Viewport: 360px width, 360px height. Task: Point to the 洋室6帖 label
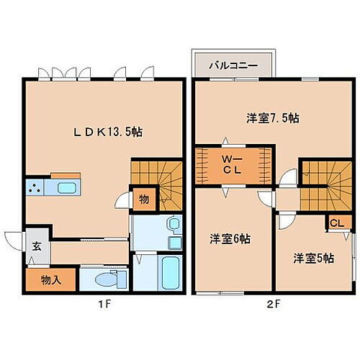point(225,238)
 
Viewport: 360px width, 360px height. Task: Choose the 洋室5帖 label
point(312,257)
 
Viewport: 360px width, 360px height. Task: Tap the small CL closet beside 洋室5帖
point(336,223)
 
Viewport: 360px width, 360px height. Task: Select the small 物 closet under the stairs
point(143,199)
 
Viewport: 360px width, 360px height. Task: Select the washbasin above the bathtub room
point(172,228)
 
